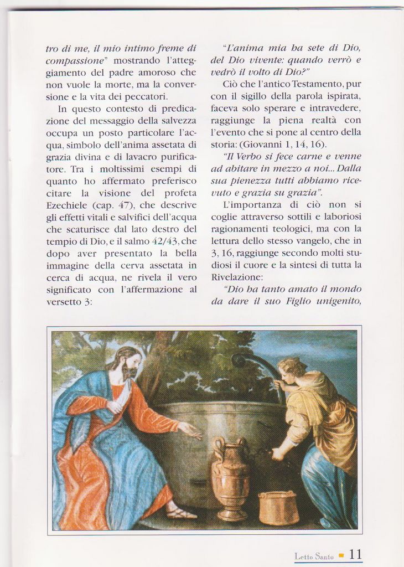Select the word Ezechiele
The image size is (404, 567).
pyautogui.click(x=66, y=205)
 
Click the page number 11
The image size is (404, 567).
pyautogui.click(x=355, y=554)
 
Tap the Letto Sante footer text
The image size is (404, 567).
pyautogui.click(x=314, y=556)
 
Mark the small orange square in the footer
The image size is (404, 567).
pyautogui.click(x=341, y=555)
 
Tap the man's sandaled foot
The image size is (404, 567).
pyautogui.click(x=181, y=513)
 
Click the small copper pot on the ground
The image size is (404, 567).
pyautogui.click(x=278, y=507)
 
